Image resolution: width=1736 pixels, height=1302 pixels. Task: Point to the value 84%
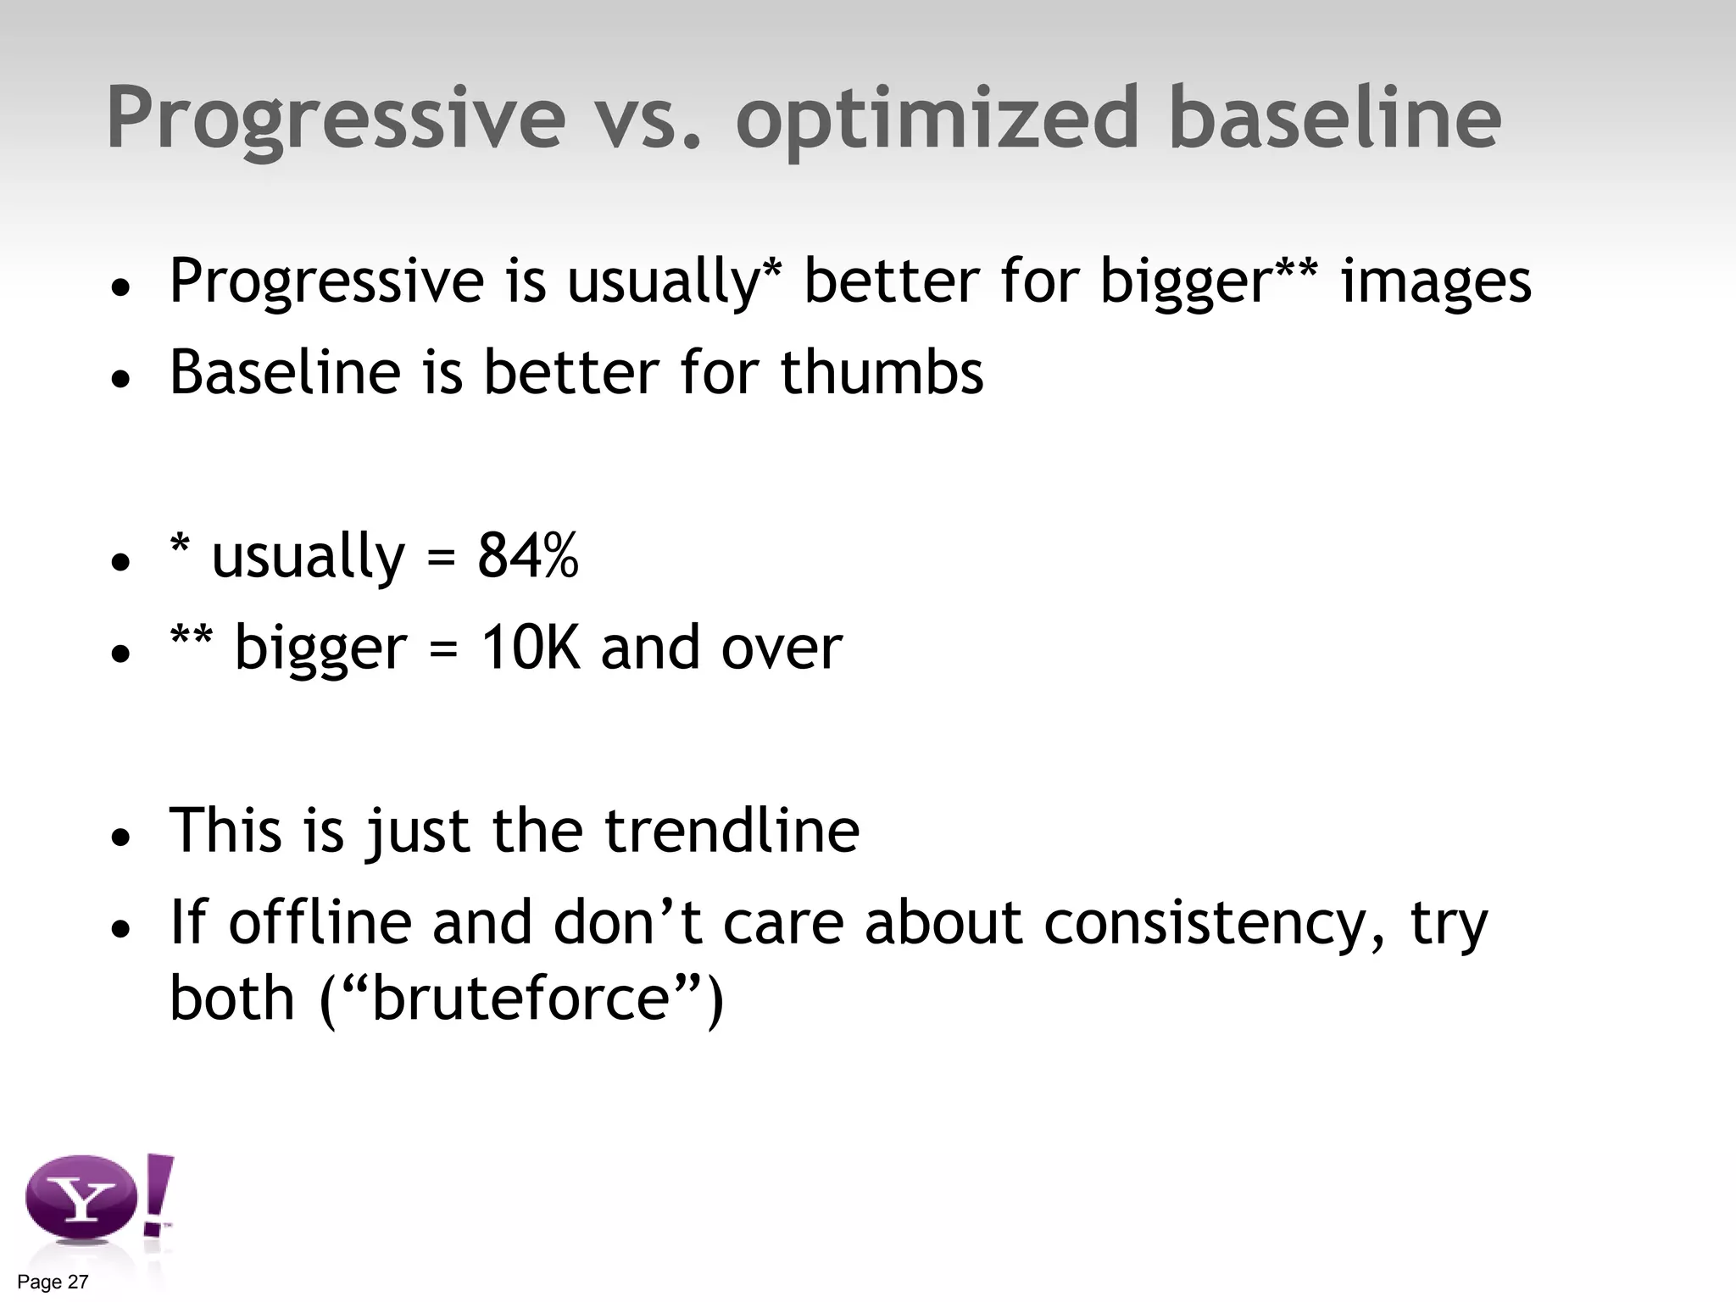click(x=527, y=556)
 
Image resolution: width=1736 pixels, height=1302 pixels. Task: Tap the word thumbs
click(x=882, y=373)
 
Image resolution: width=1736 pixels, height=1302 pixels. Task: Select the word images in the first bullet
click(x=1436, y=283)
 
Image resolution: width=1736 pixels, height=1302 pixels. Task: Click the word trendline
click(x=732, y=831)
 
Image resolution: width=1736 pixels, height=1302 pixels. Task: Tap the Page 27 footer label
click(x=53, y=1283)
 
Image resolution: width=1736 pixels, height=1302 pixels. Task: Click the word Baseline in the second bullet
click(x=285, y=373)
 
